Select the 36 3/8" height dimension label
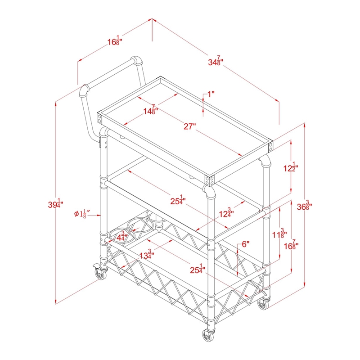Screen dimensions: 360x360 point(304,206)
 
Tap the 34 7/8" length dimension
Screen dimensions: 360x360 point(216,61)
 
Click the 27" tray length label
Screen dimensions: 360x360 point(189,126)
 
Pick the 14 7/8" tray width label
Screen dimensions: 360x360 point(151,110)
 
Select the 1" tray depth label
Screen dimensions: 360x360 point(211,94)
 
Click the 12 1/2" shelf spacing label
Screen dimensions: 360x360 point(290,167)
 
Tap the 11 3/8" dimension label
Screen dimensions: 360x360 point(279,234)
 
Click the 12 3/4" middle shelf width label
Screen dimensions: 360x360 point(226,213)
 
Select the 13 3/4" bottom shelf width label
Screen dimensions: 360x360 point(147,254)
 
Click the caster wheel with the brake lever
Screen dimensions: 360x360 point(101,274)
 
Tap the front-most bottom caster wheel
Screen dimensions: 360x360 point(208,335)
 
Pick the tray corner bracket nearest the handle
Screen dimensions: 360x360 point(99,119)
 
